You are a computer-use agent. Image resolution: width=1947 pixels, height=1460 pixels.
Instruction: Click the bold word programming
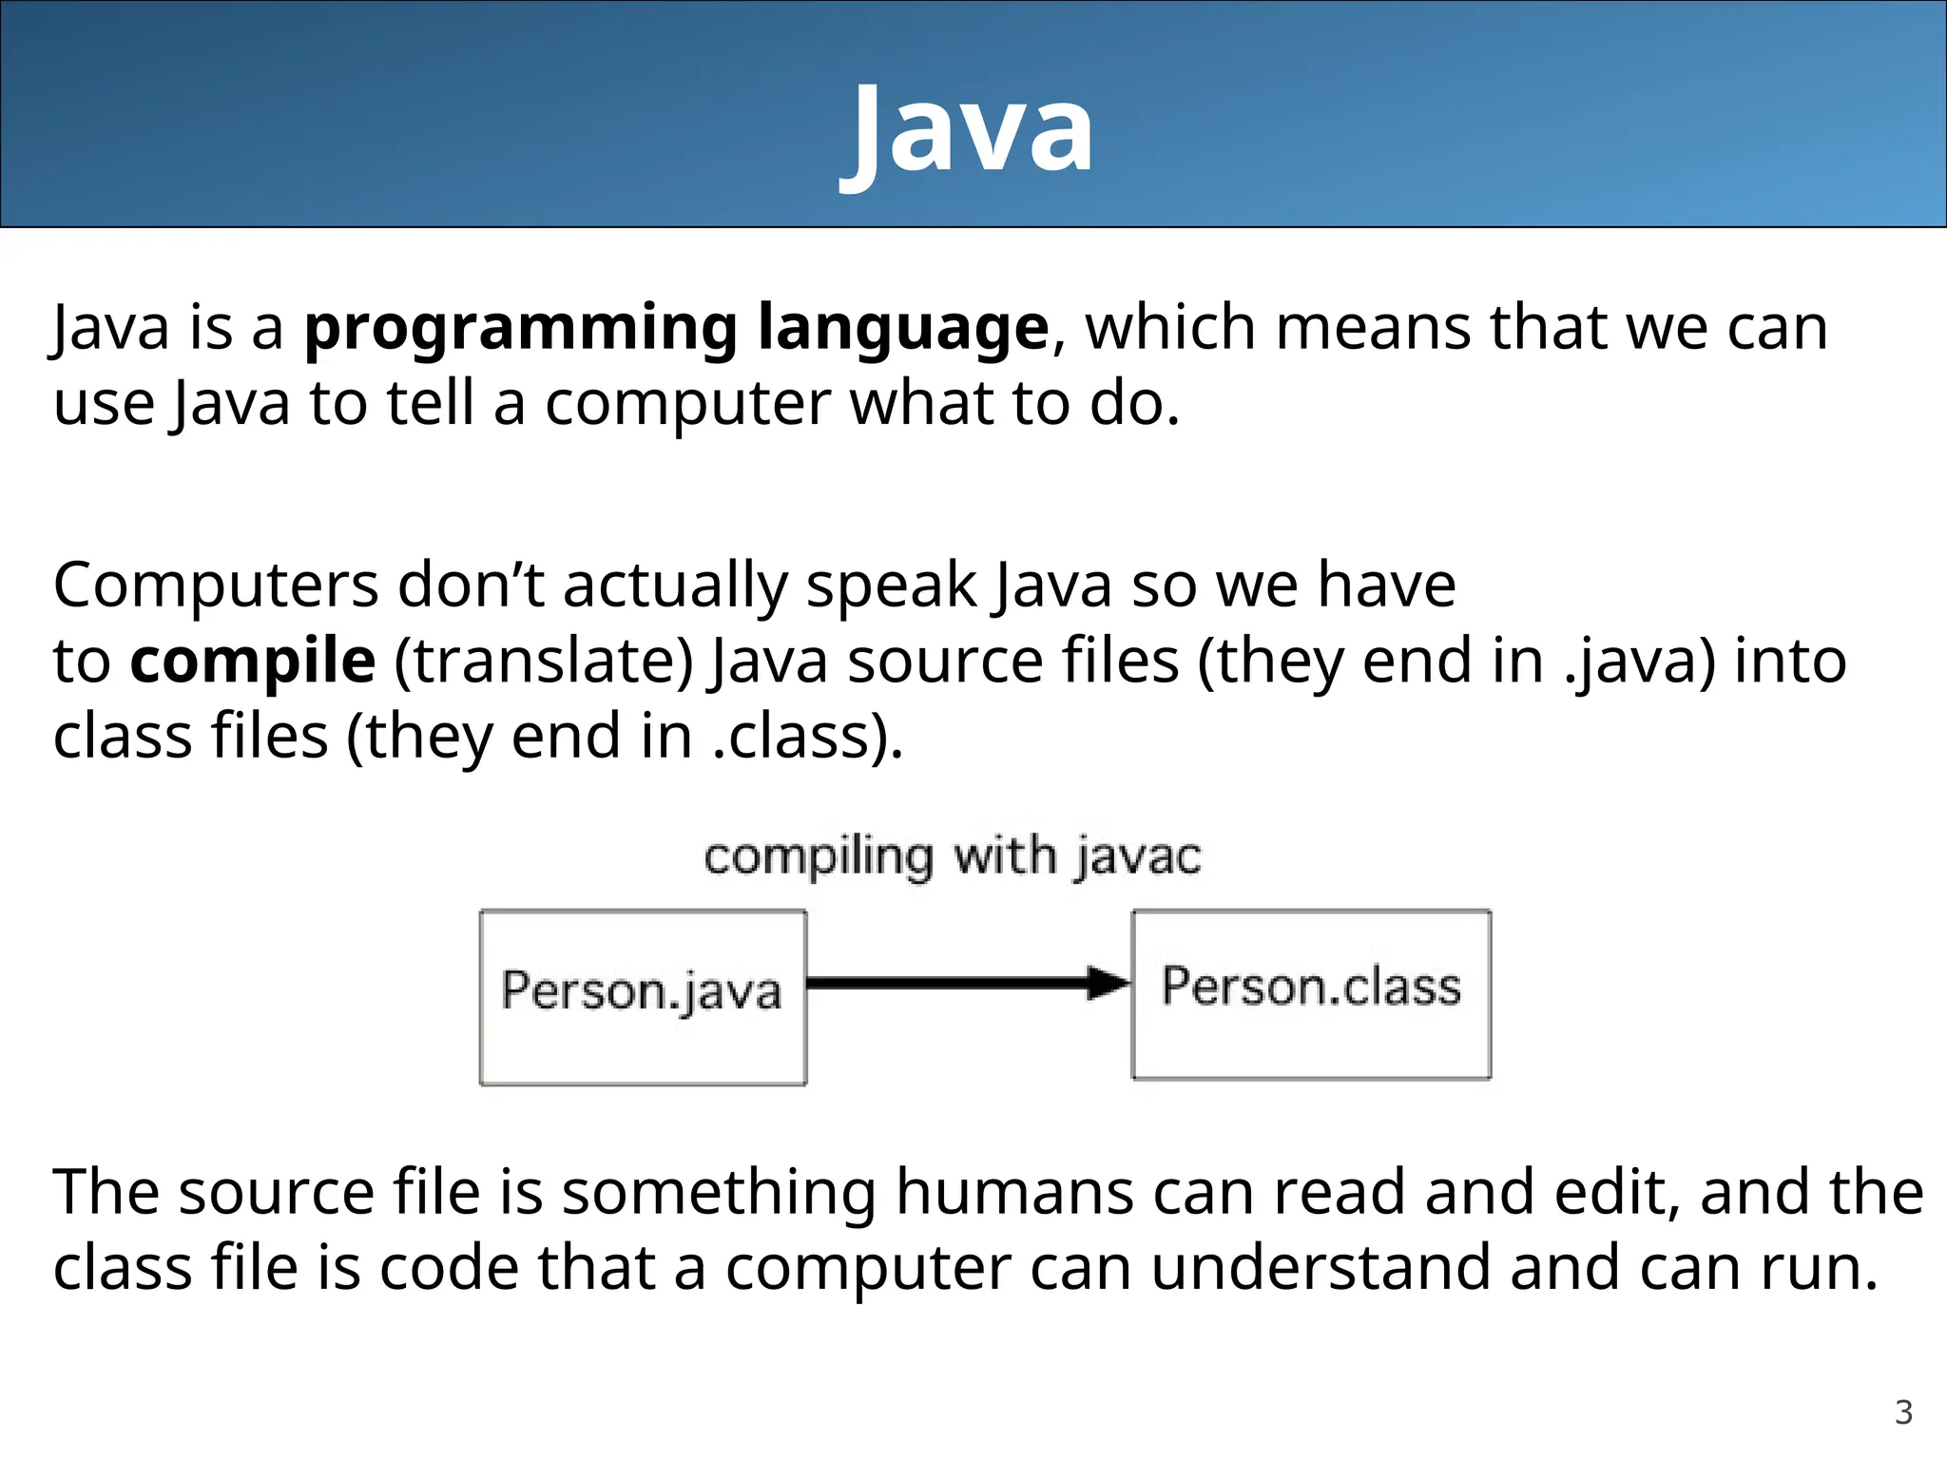pyautogui.click(x=520, y=329)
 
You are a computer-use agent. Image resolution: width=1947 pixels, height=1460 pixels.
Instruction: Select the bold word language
pyautogui.click(x=903, y=329)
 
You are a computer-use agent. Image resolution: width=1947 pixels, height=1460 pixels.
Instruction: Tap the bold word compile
pyautogui.click(x=253, y=662)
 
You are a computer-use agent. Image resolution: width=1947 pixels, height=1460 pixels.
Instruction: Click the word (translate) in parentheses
pyautogui.click(x=544, y=662)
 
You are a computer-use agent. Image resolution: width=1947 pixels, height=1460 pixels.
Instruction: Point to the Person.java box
pyautogui.click(x=643, y=996)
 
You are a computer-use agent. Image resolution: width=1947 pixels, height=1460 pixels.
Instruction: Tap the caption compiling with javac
pyautogui.click(x=953, y=856)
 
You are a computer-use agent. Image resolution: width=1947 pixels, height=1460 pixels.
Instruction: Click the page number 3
pyautogui.click(x=1903, y=1412)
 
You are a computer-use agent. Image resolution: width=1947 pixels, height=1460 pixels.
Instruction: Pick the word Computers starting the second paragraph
pyautogui.click(x=216, y=586)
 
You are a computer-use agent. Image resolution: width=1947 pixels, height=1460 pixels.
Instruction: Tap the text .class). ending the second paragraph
pyautogui.click(x=808, y=738)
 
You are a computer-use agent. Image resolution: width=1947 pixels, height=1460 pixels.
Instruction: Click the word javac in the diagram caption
pyautogui.click(x=1139, y=856)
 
